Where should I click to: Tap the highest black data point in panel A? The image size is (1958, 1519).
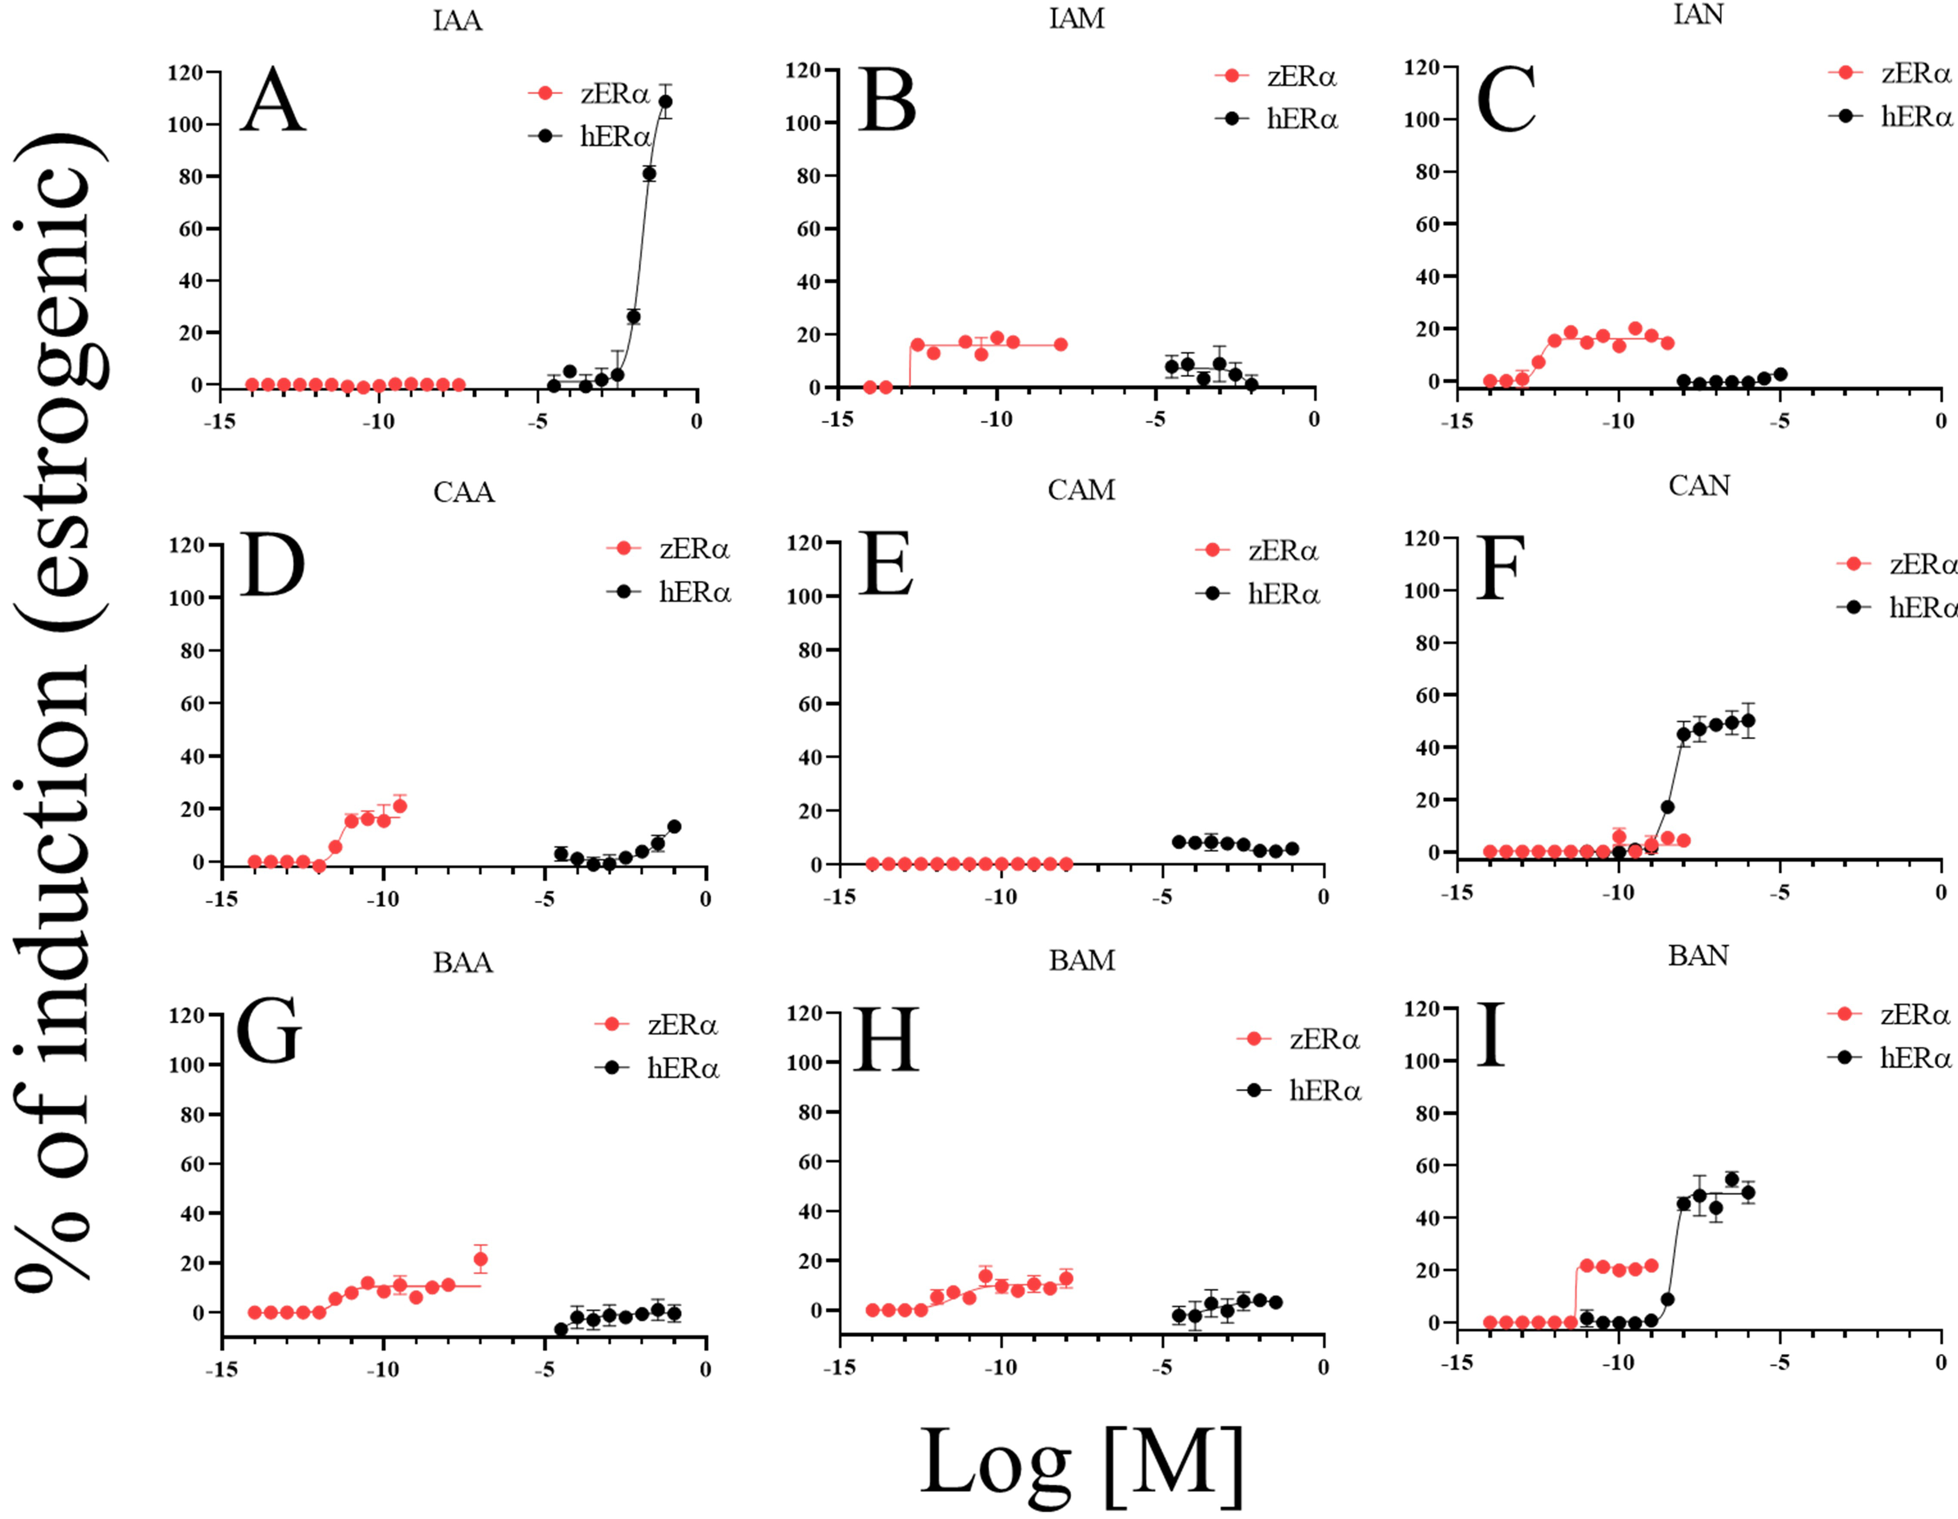tap(665, 101)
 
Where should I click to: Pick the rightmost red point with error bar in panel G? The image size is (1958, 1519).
tap(481, 1259)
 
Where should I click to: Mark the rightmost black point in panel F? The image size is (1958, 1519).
tap(1747, 720)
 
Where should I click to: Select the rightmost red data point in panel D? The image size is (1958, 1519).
tap(400, 806)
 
